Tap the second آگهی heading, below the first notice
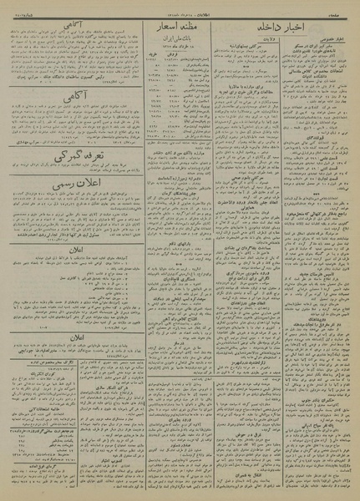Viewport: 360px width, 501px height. coord(63,109)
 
